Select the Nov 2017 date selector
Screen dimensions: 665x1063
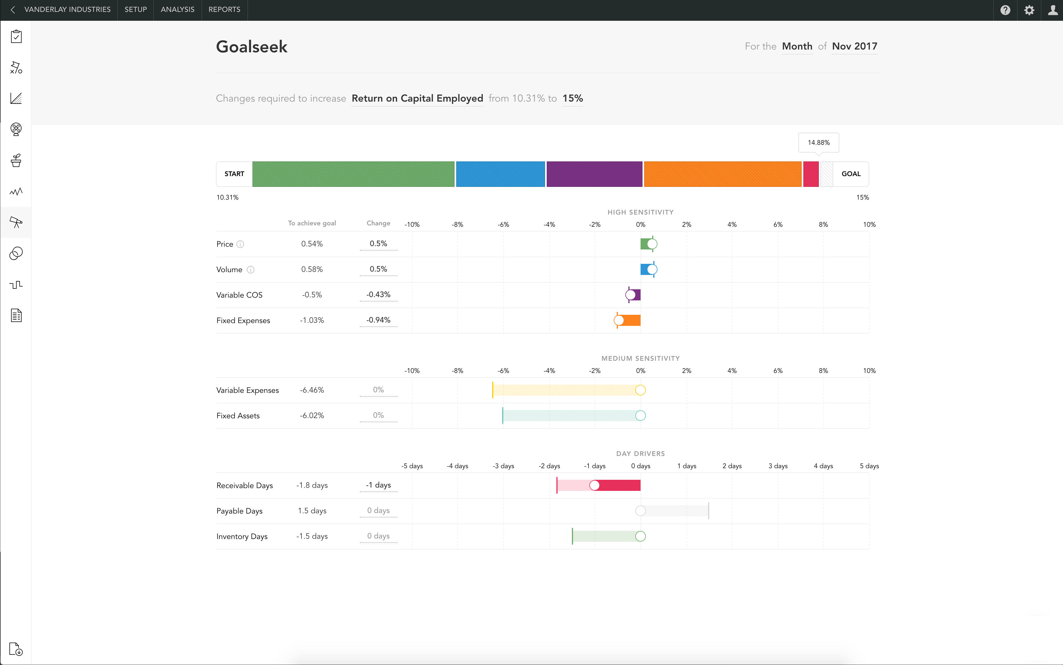coord(854,46)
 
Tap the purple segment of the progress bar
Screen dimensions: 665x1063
coord(594,174)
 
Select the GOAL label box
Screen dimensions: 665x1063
coord(851,174)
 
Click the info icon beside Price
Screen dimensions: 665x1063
coord(240,244)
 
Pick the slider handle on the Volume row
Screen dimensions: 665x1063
coord(652,269)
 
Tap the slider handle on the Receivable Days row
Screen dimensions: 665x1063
coord(594,485)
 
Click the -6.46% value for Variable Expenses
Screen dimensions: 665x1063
coord(312,390)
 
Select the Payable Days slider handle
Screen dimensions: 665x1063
coord(640,511)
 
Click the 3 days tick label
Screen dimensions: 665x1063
coord(778,466)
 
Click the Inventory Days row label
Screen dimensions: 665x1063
coord(242,536)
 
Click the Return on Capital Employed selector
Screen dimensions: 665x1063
coord(417,98)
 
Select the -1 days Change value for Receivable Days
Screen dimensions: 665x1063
coord(378,485)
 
